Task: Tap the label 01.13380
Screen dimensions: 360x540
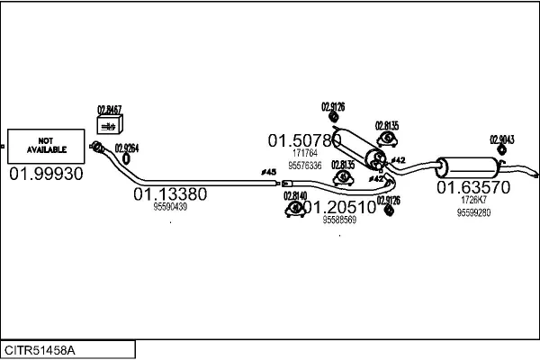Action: [170, 193]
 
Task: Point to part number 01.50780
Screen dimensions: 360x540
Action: [303, 140]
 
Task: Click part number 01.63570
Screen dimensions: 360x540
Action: [473, 187]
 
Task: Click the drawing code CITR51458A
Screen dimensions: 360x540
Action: [40, 349]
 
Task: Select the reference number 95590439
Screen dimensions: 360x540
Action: [170, 207]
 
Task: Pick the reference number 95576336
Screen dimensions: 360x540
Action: [305, 165]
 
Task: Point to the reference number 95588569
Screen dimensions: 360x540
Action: [339, 220]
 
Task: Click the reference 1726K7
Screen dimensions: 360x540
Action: [473, 200]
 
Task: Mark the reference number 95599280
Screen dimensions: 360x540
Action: [473, 212]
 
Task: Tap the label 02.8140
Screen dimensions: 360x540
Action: [295, 195]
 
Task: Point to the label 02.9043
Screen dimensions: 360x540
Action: [501, 139]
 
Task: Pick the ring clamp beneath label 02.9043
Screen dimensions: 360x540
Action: [502, 152]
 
